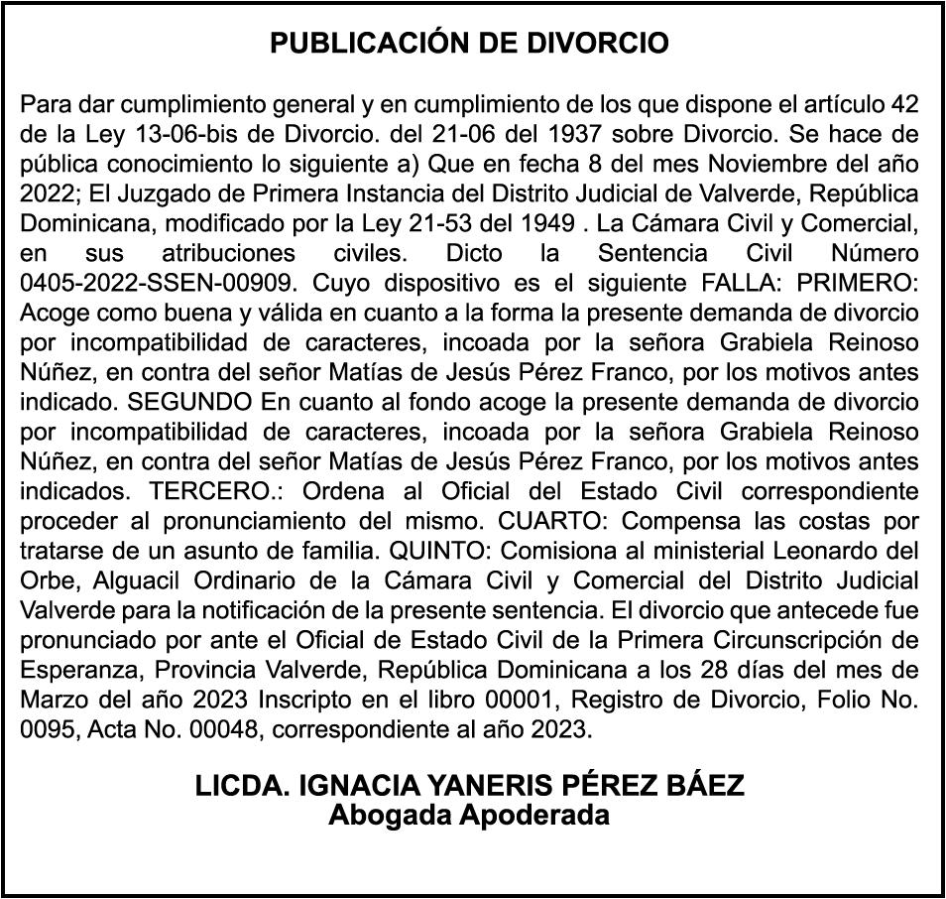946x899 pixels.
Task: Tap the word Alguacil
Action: click(x=110, y=579)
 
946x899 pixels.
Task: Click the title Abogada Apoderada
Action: click(x=469, y=816)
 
